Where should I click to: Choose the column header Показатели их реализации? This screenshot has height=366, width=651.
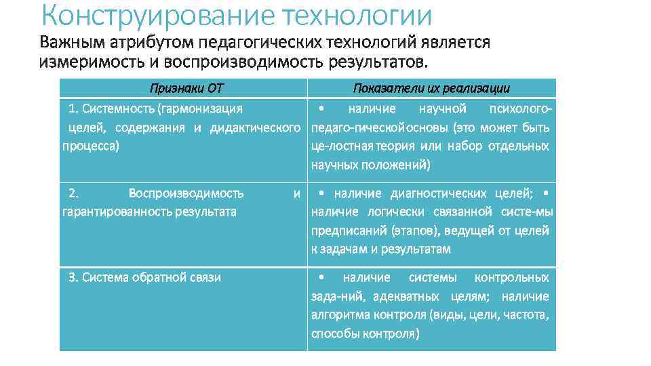click(x=431, y=89)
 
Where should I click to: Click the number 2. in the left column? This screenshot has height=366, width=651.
click(x=74, y=193)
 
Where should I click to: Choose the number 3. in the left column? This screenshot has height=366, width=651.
click(x=73, y=277)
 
